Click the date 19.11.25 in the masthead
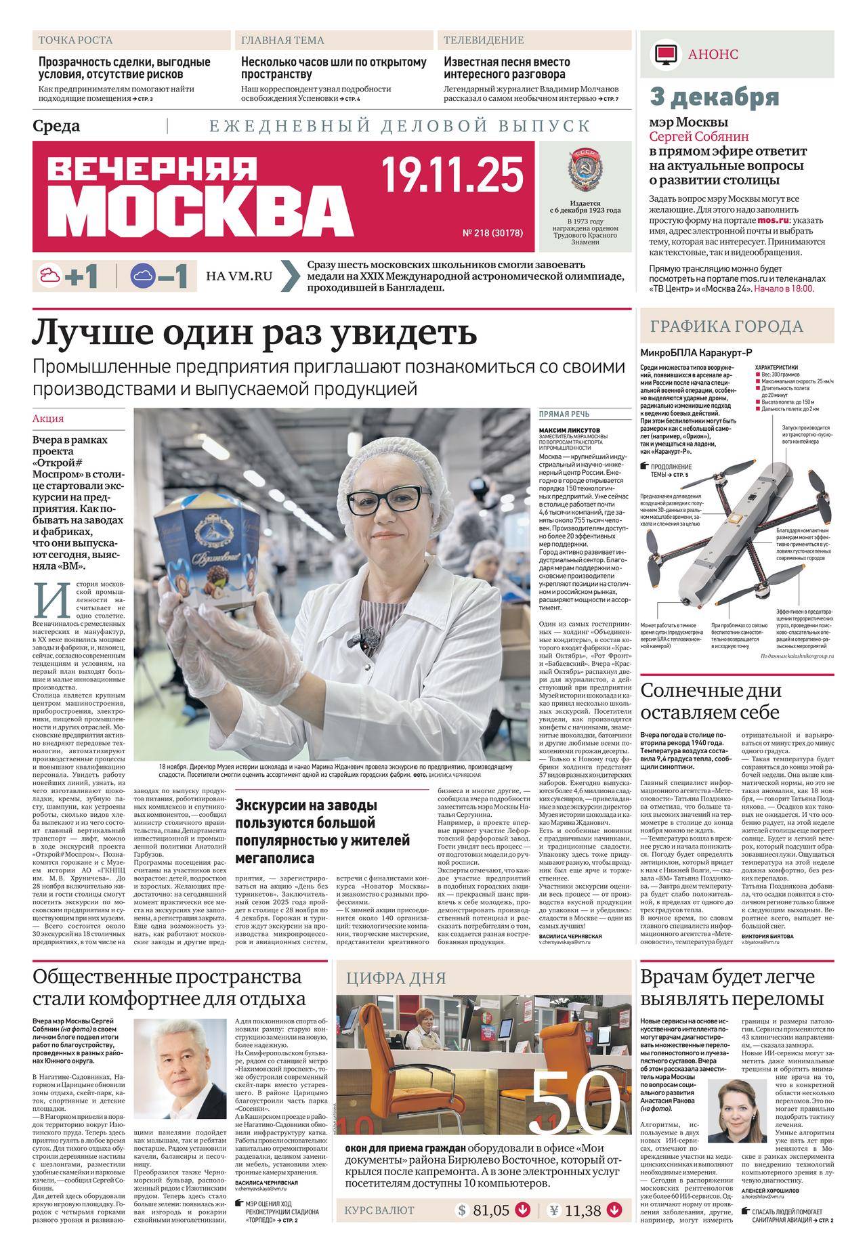[452, 175]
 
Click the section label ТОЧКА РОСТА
[76, 41]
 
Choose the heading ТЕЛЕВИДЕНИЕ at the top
[484, 41]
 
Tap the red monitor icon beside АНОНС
[666, 54]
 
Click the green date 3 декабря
[715, 98]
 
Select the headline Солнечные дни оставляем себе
[711, 702]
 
